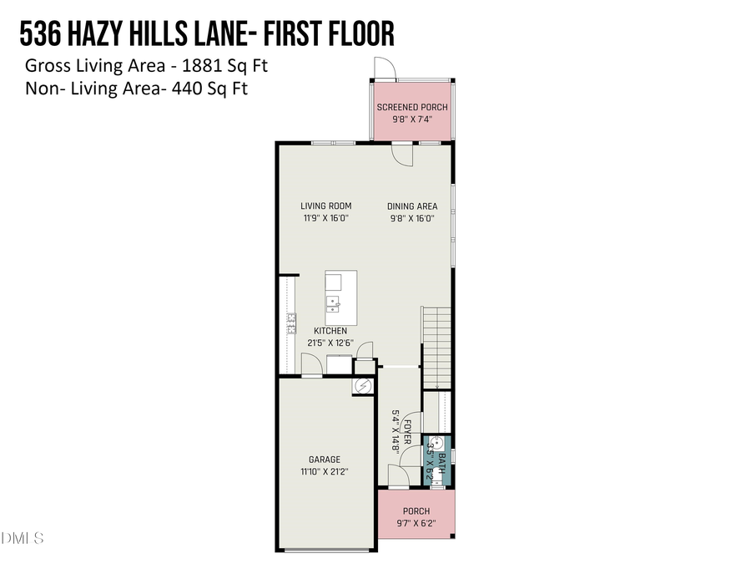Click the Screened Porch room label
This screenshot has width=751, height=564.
pyautogui.click(x=412, y=107)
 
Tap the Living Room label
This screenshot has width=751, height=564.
pyautogui.click(x=326, y=206)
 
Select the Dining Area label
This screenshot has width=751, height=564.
pyautogui.click(x=412, y=206)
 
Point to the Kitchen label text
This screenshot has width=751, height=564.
pyautogui.click(x=330, y=331)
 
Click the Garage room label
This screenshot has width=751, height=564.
pyautogui.click(x=325, y=460)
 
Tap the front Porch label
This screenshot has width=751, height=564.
pyautogui.click(x=416, y=511)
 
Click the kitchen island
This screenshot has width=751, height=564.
pyautogui.click(x=340, y=299)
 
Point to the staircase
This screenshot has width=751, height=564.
pyautogui.click(x=436, y=346)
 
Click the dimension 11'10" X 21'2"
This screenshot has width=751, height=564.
pyautogui.click(x=325, y=472)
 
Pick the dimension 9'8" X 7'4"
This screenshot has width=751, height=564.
pyautogui.click(x=412, y=119)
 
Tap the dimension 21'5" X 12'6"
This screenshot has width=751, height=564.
pyautogui.click(x=330, y=343)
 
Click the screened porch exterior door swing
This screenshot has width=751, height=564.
pyautogui.click(x=382, y=68)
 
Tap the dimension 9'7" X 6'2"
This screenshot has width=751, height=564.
pyautogui.click(x=416, y=524)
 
